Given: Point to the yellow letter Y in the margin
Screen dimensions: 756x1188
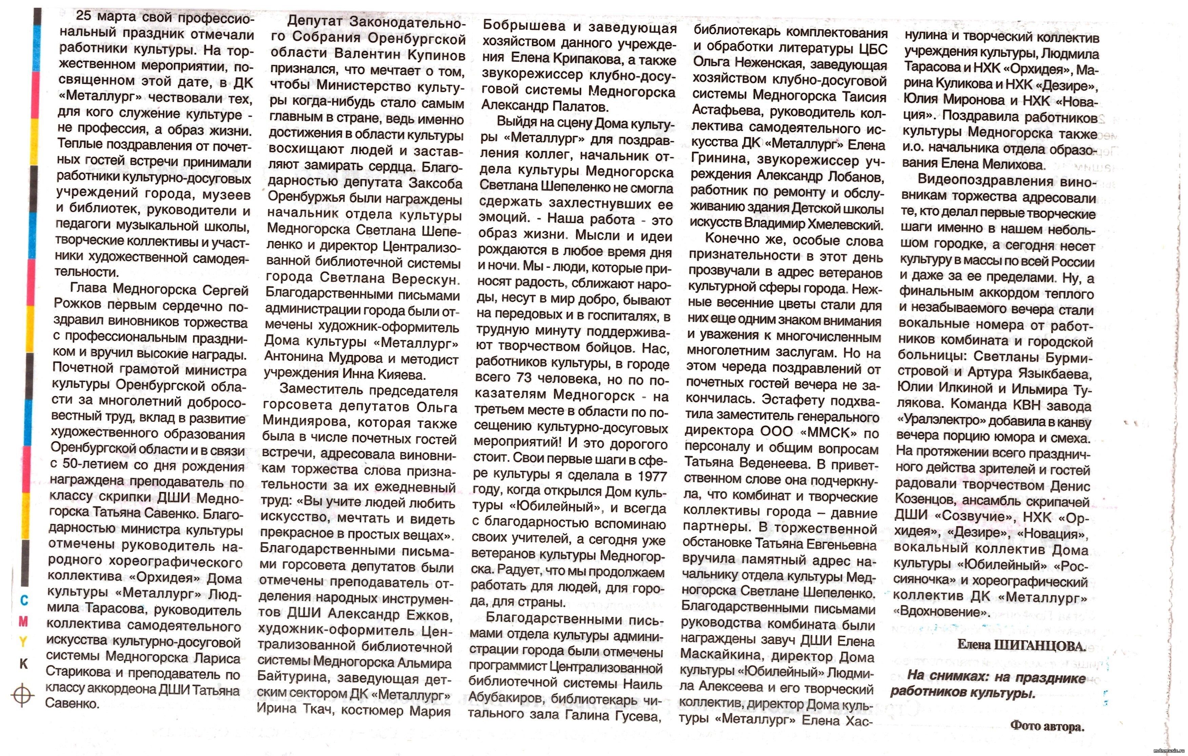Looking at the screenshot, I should point(23,642).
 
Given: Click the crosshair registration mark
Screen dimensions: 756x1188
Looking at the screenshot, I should point(22,695).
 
